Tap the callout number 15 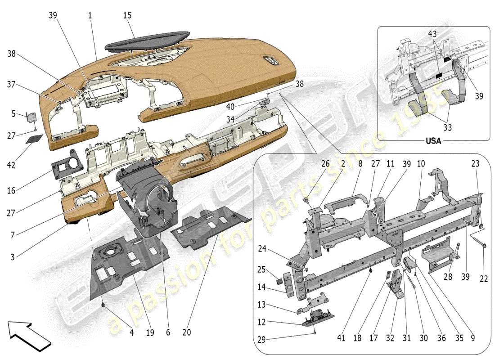127,16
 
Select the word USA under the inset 433,141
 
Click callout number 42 11,165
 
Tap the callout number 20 186,333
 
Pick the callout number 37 11,84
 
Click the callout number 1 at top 90,16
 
